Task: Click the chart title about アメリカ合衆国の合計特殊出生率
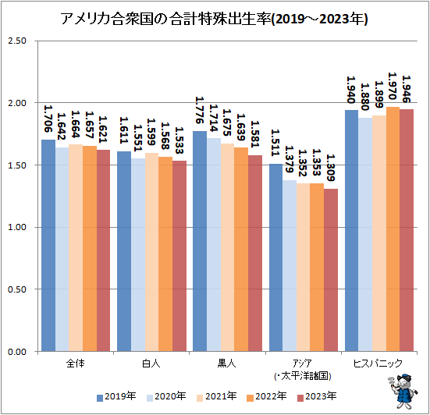pyautogui.click(x=215, y=18)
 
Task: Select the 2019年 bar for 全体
pyautogui.click(x=48, y=246)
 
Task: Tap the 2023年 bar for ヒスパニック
pyautogui.click(x=407, y=231)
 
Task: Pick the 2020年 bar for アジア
pyautogui.click(x=290, y=266)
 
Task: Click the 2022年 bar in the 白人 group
pyautogui.click(x=165, y=254)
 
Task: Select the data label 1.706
pyautogui.click(x=48, y=120)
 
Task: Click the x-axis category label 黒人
pyautogui.click(x=228, y=364)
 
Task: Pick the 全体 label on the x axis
pyautogui.click(x=76, y=364)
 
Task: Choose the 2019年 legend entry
pyautogui.click(x=115, y=397)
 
